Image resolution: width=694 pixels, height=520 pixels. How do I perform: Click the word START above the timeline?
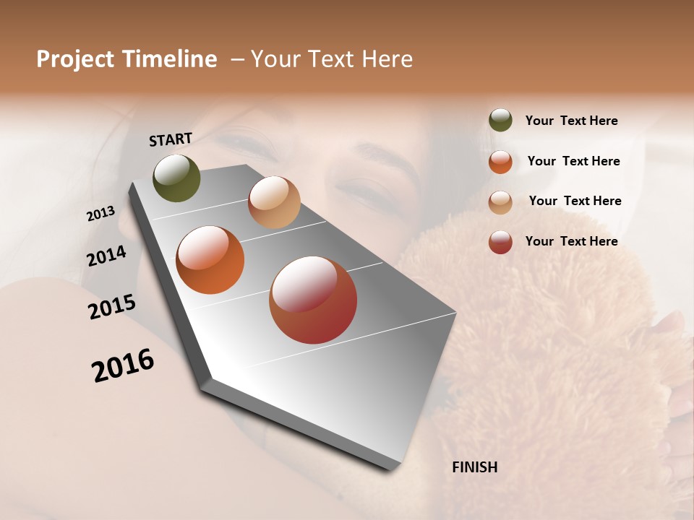tap(171, 139)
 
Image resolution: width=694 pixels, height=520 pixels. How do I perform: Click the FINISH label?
tap(474, 467)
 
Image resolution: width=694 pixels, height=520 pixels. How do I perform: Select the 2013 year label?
tap(100, 214)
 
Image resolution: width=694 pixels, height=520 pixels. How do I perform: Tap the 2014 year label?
tap(106, 256)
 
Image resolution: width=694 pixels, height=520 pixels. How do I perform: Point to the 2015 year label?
tap(112, 306)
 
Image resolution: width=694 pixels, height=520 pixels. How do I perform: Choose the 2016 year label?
tap(123, 365)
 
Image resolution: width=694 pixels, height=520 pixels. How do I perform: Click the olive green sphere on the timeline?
tap(176, 178)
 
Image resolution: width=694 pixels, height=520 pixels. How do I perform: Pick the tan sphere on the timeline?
tap(274, 202)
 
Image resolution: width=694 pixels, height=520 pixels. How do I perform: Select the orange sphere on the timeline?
tap(210, 260)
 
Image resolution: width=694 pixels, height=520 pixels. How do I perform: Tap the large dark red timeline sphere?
tap(313, 300)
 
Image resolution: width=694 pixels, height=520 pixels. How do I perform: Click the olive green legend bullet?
tap(500, 121)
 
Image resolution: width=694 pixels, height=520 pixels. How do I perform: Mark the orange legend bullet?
tap(500, 161)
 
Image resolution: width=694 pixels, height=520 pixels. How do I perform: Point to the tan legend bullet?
tap(500, 201)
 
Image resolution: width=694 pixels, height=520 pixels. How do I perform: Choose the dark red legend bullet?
tap(500, 242)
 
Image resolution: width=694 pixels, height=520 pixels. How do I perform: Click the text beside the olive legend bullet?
tap(571, 121)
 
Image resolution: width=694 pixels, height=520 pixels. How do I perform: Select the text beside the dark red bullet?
tap(571, 241)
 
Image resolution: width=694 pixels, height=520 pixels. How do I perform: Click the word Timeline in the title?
tap(170, 59)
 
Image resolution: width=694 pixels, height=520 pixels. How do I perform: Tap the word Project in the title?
tap(76, 59)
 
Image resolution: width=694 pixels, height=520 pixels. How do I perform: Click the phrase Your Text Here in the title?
tap(332, 59)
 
